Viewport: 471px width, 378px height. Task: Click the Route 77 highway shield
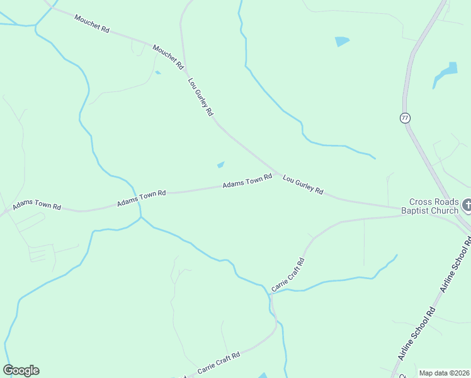pos(404,118)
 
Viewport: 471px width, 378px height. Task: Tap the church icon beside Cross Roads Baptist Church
pos(467,205)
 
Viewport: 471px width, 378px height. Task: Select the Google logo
pos(21,370)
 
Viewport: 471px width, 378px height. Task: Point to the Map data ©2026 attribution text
pos(444,373)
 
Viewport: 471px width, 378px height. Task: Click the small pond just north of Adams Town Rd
pos(220,165)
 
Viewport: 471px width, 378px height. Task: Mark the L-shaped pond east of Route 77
pos(446,74)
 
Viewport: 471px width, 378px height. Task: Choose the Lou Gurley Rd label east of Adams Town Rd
pos(303,185)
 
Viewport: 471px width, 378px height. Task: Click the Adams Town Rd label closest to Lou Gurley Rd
pos(247,183)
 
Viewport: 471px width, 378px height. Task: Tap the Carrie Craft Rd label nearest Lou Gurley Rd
pos(288,275)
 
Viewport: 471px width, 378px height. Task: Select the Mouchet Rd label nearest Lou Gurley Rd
pos(167,56)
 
